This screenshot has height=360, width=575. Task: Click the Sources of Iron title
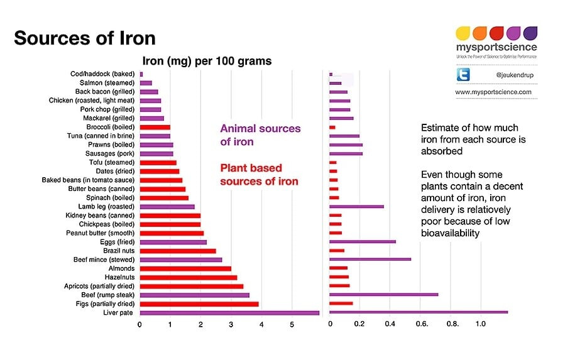[84, 38]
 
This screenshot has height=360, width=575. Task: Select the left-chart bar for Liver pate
[229, 312]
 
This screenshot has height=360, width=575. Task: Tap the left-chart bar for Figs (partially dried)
[199, 303]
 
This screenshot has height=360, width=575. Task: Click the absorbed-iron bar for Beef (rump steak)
[383, 295]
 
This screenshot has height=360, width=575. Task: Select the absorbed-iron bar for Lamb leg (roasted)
[356, 206]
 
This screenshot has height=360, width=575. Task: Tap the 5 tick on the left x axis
[292, 325]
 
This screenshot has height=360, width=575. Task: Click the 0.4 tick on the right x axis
[390, 325]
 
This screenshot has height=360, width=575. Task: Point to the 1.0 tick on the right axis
[480, 325]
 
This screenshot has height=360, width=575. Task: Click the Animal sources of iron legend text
[260, 135]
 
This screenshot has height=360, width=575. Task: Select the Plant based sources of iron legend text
[259, 175]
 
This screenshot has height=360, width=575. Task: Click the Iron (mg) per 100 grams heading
[207, 61]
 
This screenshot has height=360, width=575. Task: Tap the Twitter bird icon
[464, 75]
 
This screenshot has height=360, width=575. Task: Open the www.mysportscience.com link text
[493, 92]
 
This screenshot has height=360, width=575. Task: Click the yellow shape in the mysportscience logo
[463, 33]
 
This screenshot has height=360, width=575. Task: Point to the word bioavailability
[451, 233]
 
